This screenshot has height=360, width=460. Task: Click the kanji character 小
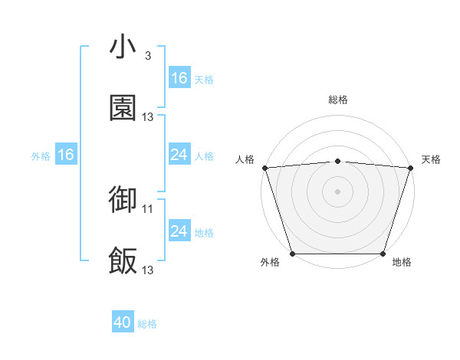pyautogui.click(x=123, y=47)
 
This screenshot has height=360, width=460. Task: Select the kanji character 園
pyautogui.click(x=123, y=109)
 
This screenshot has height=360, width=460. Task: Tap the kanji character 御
pyautogui.click(x=123, y=200)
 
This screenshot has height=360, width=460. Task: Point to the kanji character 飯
pyautogui.click(x=123, y=261)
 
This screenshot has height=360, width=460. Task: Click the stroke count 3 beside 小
pyautogui.click(x=147, y=56)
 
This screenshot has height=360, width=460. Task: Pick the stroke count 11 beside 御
pyautogui.click(x=148, y=208)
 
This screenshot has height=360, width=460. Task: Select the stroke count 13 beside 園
pyautogui.click(x=148, y=117)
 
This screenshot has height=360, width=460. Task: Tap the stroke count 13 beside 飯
pyautogui.click(x=148, y=270)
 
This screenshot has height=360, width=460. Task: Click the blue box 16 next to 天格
pyautogui.click(x=179, y=78)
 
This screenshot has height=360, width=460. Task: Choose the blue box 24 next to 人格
pyautogui.click(x=179, y=155)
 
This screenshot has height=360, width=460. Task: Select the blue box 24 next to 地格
pyautogui.click(x=179, y=231)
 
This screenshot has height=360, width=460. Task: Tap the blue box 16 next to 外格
pyautogui.click(x=65, y=155)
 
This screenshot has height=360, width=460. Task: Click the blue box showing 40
pyautogui.click(x=123, y=323)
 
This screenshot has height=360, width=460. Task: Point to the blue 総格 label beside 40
pyautogui.click(x=147, y=324)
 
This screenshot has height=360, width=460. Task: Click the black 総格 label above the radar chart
pyautogui.click(x=337, y=100)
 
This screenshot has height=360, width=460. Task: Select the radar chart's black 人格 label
pyautogui.click(x=245, y=159)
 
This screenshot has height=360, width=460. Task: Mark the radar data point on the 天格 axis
pyautogui.click(x=410, y=168)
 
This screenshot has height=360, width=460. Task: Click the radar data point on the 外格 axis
pyautogui.click(x=292, y=254)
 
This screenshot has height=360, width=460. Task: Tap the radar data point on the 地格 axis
pyautogui.click(x=383, y=254)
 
